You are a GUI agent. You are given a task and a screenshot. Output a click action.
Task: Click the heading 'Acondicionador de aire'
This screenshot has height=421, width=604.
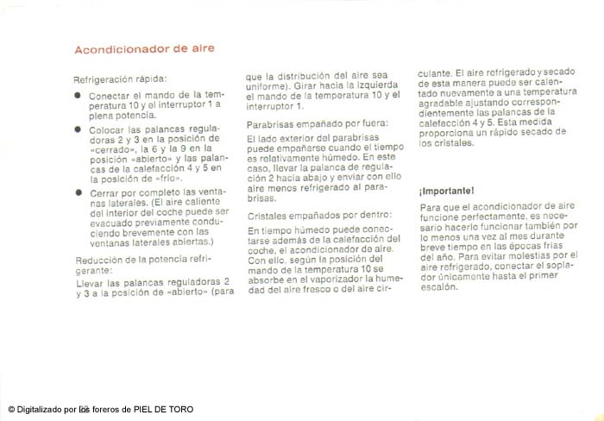pyautogui.click(x=144, y=48)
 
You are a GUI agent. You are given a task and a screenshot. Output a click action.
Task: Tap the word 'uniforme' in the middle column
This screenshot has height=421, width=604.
pyautogui.click(x=266, y=85)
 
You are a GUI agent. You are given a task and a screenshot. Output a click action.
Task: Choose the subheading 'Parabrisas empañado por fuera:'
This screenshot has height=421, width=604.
pyautogui.click(x=318, y=124)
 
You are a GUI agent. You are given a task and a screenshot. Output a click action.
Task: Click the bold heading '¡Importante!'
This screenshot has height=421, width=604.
pyautogui.click(x=446, y=189)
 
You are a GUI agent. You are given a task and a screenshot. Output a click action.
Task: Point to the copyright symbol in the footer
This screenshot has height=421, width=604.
pyautogui.click(x=11, y=409)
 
